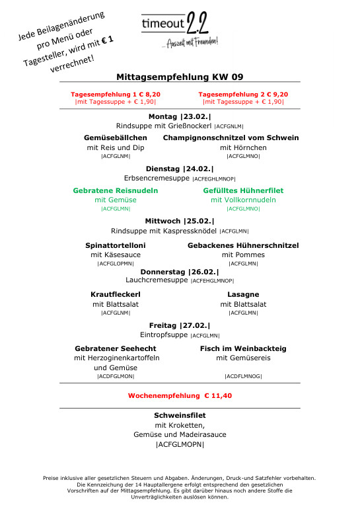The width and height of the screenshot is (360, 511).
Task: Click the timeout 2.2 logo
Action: (180, 30)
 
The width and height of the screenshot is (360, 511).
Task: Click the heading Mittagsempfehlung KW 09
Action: (180, 76)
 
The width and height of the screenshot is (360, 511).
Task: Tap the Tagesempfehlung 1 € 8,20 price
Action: (116, 95)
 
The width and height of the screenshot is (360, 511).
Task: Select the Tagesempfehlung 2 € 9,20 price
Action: (243, 95)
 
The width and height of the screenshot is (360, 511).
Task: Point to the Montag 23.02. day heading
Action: (180, 116)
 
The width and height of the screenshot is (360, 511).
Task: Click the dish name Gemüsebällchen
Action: (116, 138)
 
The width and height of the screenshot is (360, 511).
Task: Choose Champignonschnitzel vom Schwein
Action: (231, 138)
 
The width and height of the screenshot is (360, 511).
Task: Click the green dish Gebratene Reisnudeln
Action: (116, 190)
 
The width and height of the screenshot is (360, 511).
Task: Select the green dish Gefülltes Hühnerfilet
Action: (243, 190)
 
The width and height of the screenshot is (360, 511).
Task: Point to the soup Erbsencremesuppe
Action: (157, 178)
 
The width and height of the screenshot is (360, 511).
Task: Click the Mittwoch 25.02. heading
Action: (180, 221)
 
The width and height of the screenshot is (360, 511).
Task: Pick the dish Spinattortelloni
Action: (116, 245)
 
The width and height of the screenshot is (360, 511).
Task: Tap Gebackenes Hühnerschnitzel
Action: (243, 245)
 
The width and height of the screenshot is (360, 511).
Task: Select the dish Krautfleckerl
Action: (116, 294)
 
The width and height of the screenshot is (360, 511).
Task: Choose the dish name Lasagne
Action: (243, 294)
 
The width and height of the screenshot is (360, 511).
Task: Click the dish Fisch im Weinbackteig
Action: (243, 348)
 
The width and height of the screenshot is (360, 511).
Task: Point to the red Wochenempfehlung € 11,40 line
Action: (180, 396)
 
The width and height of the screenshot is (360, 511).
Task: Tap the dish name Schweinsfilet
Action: (180, 415)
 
